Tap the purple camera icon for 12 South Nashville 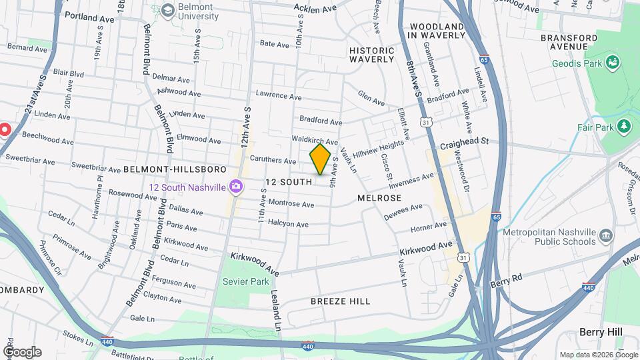click(235, 187)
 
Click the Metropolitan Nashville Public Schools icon click(605, 236)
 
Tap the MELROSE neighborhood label click(379, 198)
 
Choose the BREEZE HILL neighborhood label click(340, 301)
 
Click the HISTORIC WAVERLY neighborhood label click(372, 54)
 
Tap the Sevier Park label click(246, 281)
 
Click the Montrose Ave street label click(291, 204)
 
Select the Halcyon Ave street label click(288, 225)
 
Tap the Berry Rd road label click(506, 283)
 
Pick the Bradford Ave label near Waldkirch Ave click(321, 121)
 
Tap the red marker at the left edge click(3, 129)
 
